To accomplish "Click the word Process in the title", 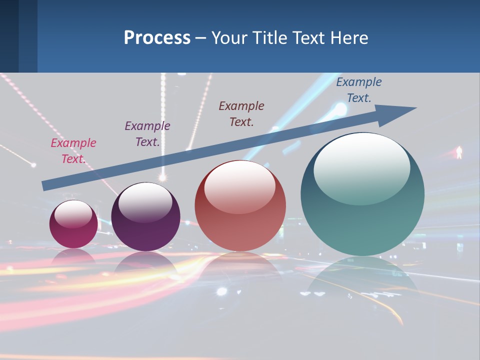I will click(157, 37).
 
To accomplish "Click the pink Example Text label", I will click(73, 151).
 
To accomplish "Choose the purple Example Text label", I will click(147, 134).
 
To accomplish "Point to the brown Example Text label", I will click(241, 114).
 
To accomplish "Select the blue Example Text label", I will click(359, 90).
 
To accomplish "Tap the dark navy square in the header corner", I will click(9, 36).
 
